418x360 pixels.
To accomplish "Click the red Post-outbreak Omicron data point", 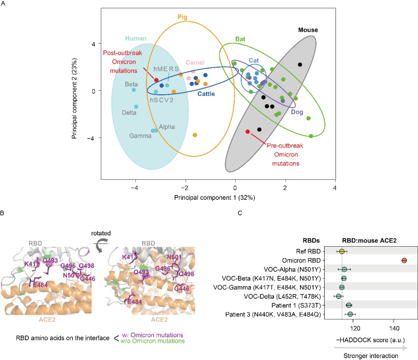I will click(156, 80).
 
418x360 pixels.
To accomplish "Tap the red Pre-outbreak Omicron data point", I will click(248, 132).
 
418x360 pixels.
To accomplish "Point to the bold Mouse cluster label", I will click(308, 30).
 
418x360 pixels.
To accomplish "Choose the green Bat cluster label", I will click(240, 39).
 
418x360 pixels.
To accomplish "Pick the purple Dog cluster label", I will click(297, 112).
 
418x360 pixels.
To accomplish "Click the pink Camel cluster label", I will click(195, 63).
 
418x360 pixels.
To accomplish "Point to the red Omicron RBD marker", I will click(404, 261).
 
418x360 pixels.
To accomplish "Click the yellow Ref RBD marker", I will click(342, 251).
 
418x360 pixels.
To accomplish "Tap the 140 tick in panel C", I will click(394, 329).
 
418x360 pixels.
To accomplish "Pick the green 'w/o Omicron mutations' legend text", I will click(152, 341).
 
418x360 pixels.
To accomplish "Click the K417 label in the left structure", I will click(31, 264).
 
